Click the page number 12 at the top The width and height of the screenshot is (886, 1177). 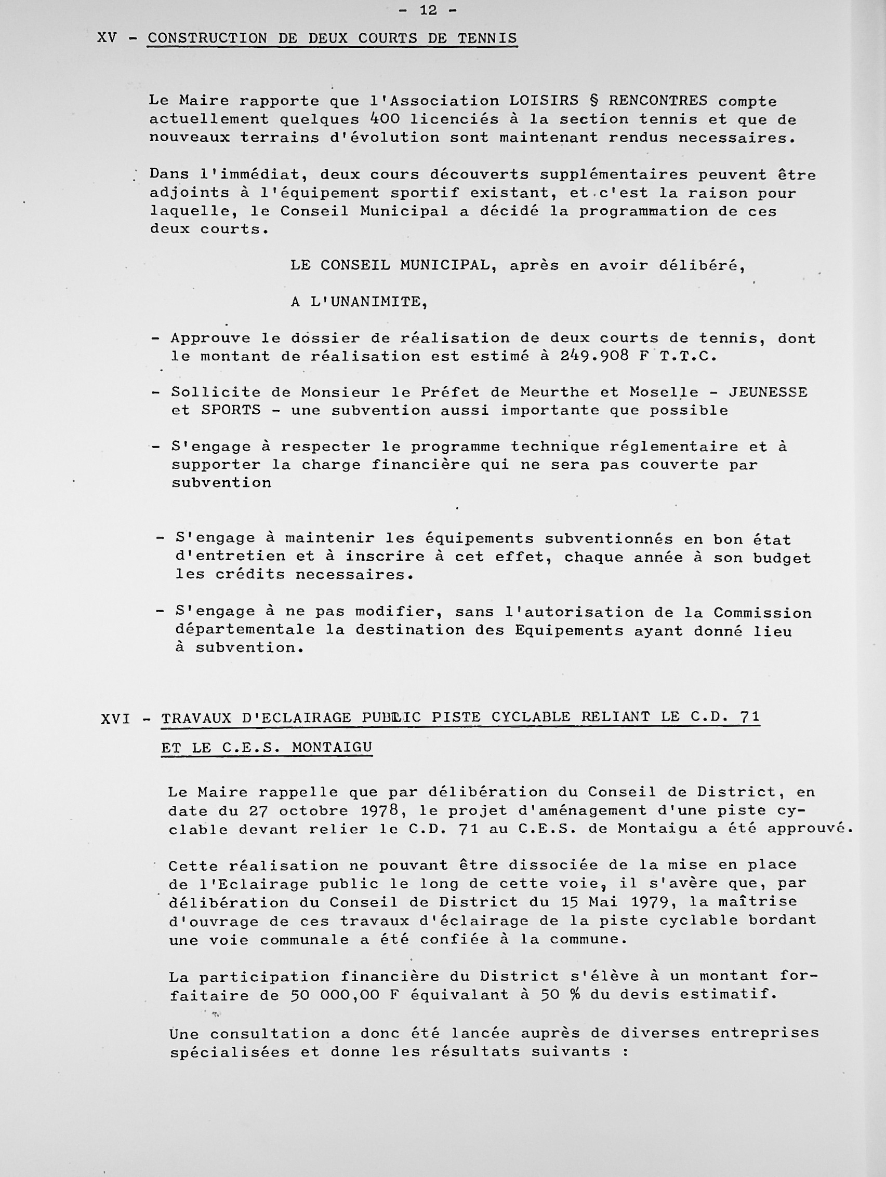428,10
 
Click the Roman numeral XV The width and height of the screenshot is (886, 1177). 107,38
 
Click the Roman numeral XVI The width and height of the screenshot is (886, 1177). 115,719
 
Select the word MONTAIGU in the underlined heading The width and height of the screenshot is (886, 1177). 332,748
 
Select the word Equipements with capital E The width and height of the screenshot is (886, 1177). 568,631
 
